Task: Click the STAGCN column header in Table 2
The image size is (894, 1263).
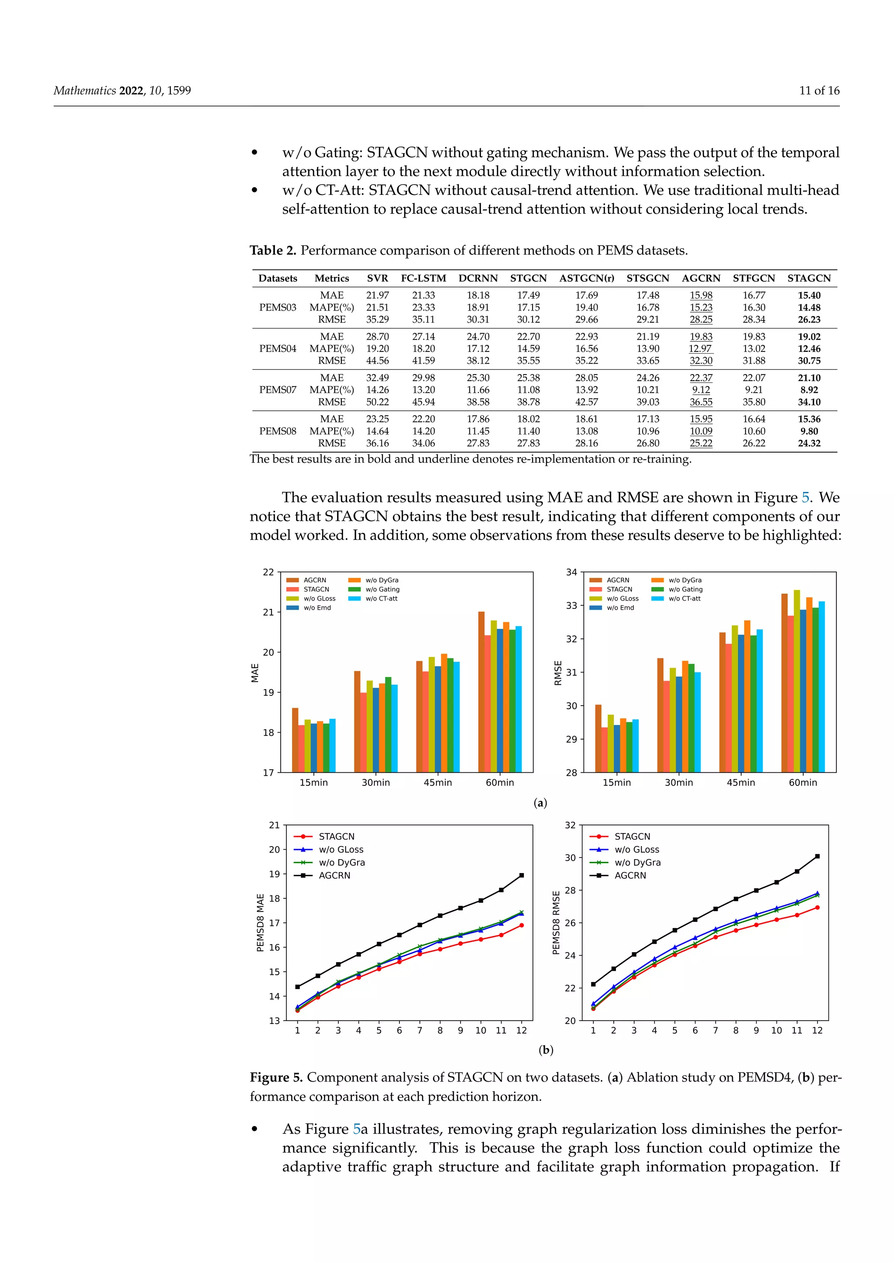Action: click(x=809, y=278)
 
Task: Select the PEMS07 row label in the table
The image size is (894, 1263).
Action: click(x=278, y=389)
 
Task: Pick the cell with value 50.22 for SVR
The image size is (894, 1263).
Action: click(x=377, y=402)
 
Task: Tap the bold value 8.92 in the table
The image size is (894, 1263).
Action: click(x=809, y=389)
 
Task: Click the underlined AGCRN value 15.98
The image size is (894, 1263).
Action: click(x=701, y=295)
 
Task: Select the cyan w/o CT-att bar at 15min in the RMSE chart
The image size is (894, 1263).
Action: click(x=635, y=745)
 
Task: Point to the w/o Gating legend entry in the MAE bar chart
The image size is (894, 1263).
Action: click(x=382, y=589)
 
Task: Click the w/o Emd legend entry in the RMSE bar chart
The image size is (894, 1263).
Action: click(x=620, y=608)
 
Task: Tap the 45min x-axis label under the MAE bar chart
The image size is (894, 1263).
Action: click(x=438, y=783)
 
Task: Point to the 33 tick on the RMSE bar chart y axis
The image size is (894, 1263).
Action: click(x=572, y=606)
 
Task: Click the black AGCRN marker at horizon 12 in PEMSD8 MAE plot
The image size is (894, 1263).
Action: click(x=521, y=875)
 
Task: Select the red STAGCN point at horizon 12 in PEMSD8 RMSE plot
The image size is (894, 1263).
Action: click(x=817, y=908)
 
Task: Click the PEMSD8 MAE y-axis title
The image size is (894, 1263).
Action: click(x=260, y=922)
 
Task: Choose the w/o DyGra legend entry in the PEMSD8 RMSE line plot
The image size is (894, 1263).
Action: click(x=637, y=863)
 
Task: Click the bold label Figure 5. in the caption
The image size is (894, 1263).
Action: click(x=276, y=1078)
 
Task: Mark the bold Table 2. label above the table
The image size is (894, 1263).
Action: click(x=273, y=251)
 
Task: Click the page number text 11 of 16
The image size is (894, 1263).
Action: click(x=819, y=91)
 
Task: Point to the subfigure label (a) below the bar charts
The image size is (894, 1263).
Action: click(x=540, y=803)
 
